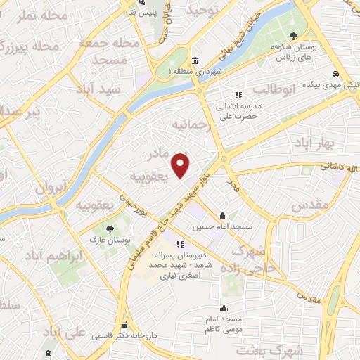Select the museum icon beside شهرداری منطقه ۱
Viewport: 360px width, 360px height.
(194, 61)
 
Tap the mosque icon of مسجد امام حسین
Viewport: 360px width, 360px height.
(223, 216)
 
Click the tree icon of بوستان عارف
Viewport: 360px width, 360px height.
(109, 229)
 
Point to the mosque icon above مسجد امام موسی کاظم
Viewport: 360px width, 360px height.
(224, 308)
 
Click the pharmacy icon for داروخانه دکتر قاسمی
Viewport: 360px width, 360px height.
(124, 325)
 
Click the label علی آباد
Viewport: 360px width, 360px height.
(64, 331)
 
